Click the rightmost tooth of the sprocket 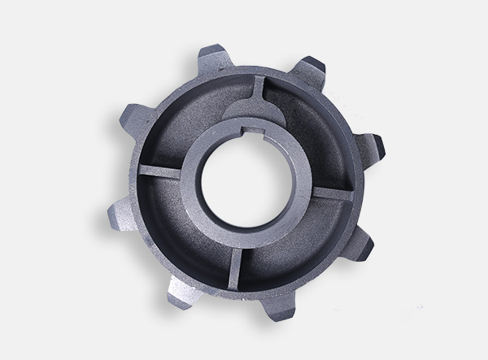tap(374, 145)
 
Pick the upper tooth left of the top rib tap(211, 59)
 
